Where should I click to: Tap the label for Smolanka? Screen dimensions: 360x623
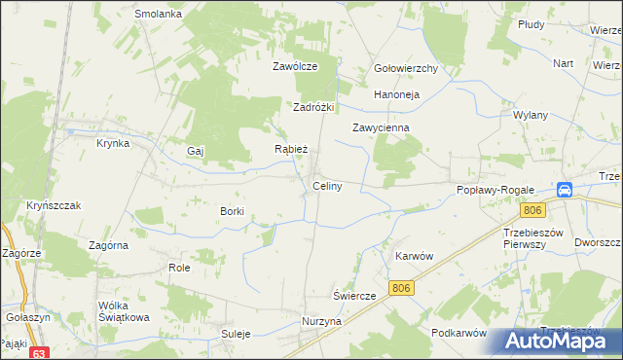pos(159,15)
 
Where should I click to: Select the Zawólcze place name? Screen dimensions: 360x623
pos(295,67)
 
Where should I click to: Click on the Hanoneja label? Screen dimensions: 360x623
pos(396,95)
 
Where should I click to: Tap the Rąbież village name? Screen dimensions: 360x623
pos(291,150)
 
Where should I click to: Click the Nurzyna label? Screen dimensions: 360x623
pos(321,321)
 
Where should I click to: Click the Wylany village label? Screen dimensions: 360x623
pos(531,114)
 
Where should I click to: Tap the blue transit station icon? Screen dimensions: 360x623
pos(565,191)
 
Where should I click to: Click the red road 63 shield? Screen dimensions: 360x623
pos(39,353)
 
